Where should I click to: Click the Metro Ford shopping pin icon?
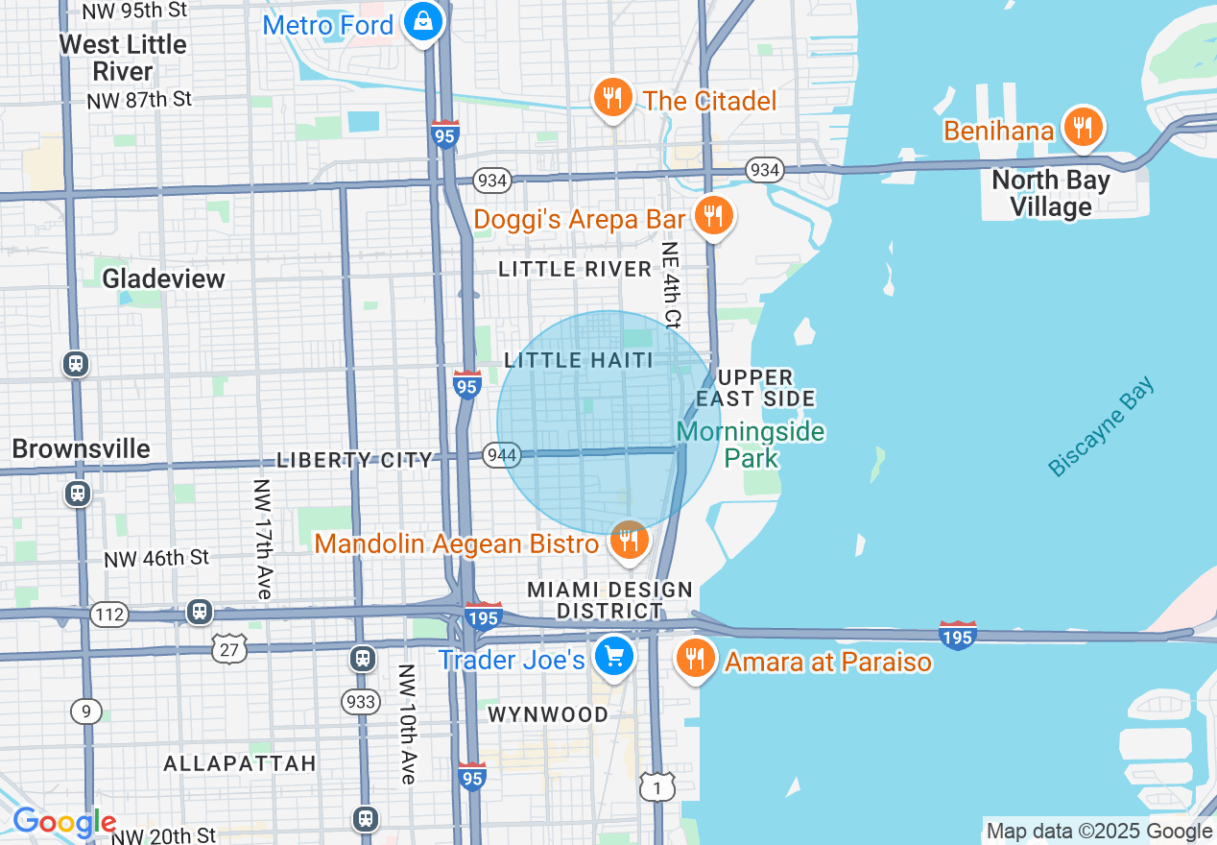click(x=421, y=21)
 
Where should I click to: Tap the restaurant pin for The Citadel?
click(x=611, y=98)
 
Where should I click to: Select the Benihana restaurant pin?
click(x=1082, y=127)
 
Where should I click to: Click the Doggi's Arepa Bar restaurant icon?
click(x=711, y=216)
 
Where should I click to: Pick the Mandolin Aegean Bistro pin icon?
click(x=628, y=542)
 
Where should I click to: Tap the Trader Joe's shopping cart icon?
click(x=613, y=658)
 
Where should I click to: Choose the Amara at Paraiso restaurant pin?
click(x=693, y=660)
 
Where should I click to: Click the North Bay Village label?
click(x=1050, y=193)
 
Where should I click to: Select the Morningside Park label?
click(x=751, y=444)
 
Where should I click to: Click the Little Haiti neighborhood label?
click(x=579, y=360)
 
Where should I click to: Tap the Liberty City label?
click(x=355, y=460)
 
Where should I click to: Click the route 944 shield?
click(x=502, y=454)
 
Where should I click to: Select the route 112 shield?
click(x=109, y=613)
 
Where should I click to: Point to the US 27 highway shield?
click(x=229, y=649)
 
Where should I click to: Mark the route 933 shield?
click(x=361, y=702)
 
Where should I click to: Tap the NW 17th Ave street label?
click(x=263, y=539)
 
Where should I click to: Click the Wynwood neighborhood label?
click(x=548, y=714)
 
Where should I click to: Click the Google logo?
click(x=63, y=823)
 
